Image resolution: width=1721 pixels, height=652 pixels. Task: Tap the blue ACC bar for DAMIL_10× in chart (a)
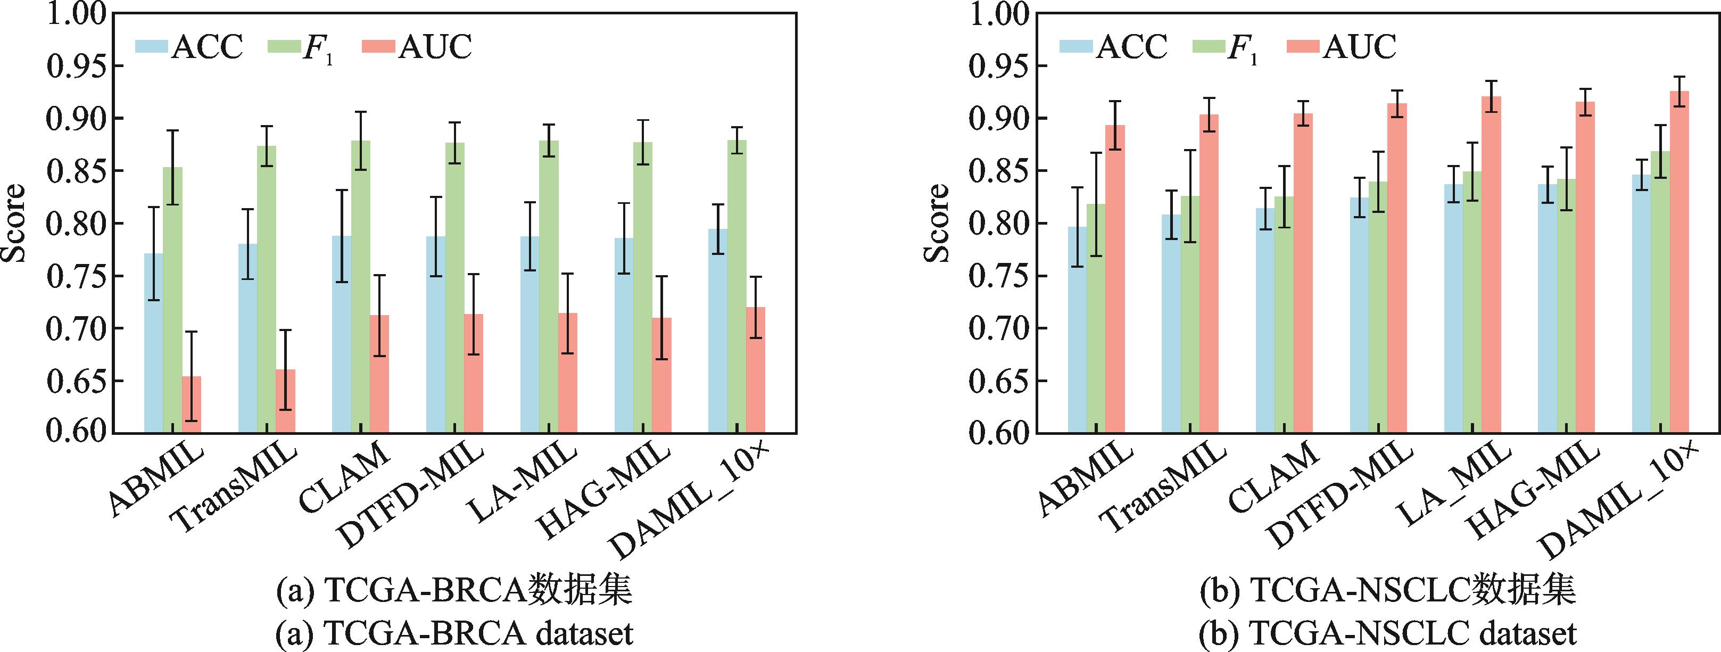pos(718,331)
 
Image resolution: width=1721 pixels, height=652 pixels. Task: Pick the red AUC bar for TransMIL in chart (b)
pos(1209,274)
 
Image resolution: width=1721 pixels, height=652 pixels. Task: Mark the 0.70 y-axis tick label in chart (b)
pos(998,329)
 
